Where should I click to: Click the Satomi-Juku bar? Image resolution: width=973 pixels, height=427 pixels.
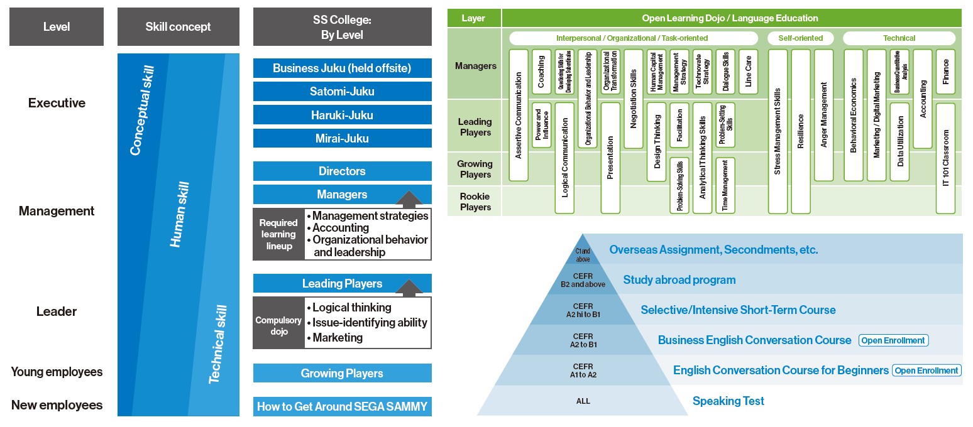click(342, 92)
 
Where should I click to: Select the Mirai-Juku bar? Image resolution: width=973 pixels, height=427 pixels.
click(342, 139)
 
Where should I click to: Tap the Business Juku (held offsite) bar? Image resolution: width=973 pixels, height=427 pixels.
click(342, 68)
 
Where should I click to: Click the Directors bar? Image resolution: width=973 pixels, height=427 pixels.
click(342, 171)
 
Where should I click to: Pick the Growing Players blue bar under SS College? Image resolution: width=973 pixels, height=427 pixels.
click(342, 374)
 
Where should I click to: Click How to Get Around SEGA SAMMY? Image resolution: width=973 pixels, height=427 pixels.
click(342, 407)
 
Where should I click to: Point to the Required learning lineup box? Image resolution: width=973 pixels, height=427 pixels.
click(278, 234)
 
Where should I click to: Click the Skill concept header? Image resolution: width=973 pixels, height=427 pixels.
click(178, 27)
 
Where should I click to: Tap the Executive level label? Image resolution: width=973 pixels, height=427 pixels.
click(57, 103)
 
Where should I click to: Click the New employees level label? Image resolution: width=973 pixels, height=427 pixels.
click(57, 406)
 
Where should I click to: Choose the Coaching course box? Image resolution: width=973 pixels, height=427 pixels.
click(541, 72)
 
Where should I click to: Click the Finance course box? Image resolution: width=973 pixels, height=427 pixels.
click(945, 72)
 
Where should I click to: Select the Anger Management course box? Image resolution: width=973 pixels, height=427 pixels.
click(823, 115)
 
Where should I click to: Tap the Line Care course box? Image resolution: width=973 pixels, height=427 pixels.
click(748, 72)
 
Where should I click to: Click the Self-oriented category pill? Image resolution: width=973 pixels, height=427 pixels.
click(800, 38)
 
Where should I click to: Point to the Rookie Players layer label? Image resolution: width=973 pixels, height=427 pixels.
click(475, 202)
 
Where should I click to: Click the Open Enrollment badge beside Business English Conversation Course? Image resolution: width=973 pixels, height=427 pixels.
click(893, 340)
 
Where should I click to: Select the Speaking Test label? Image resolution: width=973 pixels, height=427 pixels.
click(728, 401)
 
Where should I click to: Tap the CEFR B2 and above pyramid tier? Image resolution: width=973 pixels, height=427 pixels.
click(583, 280)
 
